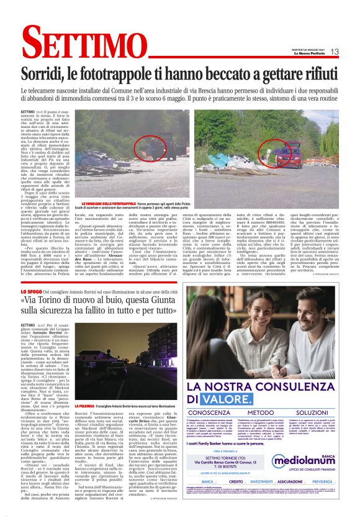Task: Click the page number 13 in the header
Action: (335, 52)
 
